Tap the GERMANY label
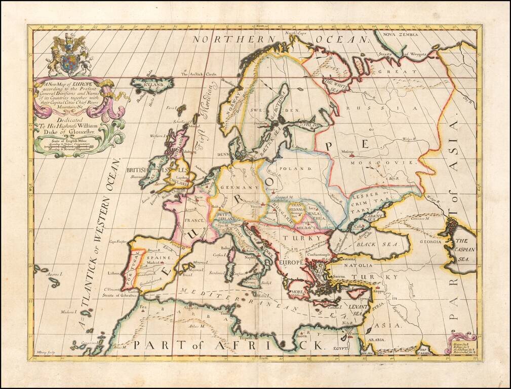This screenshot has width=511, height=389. point(238,188)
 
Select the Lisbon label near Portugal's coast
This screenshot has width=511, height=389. point(113,273)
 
